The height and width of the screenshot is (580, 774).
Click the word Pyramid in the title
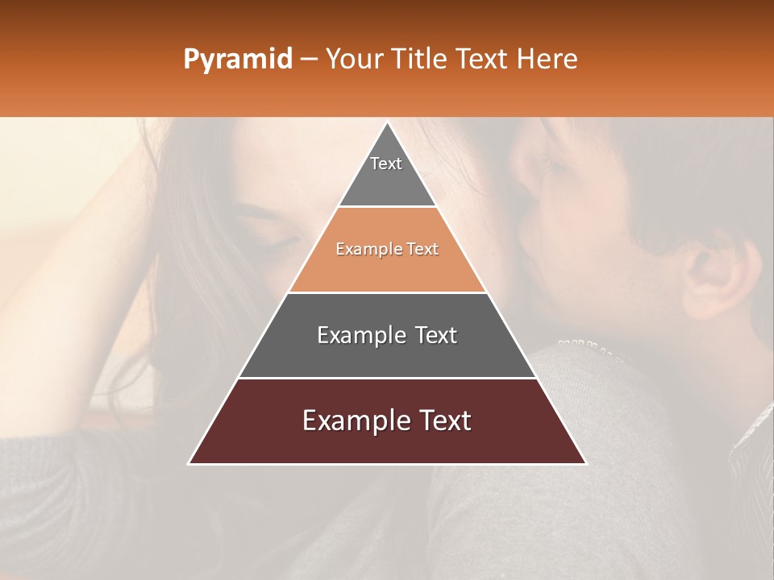point(237,60)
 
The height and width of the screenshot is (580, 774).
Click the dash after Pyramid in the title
point(309,60)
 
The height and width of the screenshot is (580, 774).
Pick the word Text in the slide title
point(485,59)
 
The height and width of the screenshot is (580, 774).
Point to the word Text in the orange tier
point(423,250)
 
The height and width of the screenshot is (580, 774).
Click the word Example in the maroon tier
point(356,420)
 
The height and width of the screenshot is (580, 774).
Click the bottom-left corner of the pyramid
point(190,462)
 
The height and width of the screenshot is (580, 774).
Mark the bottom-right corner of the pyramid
point(585,462)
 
